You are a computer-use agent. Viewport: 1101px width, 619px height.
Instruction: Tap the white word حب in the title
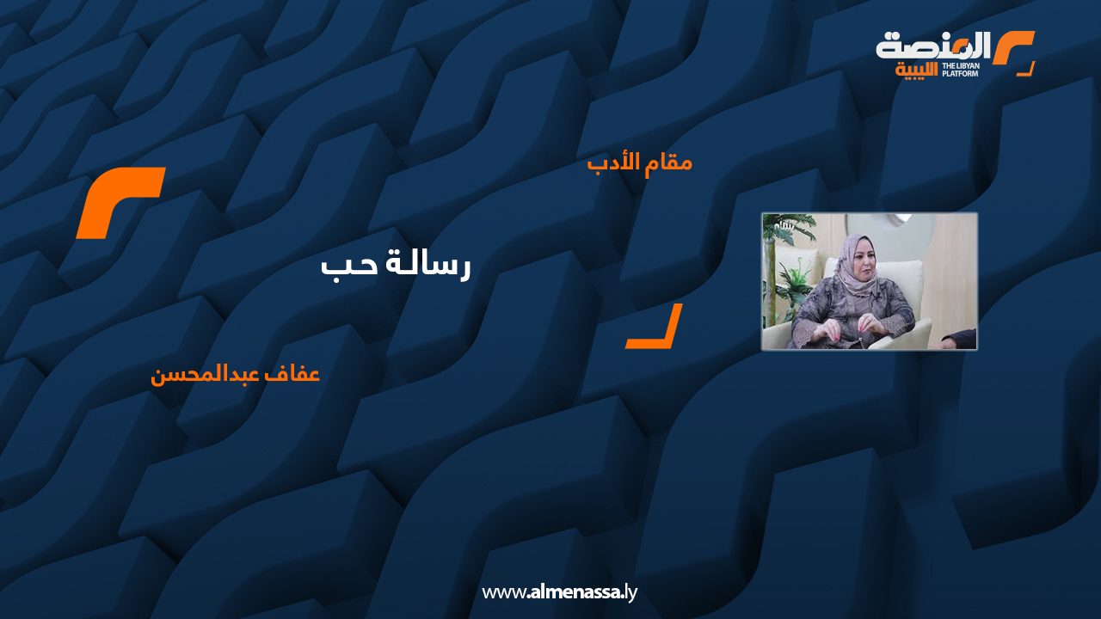(343, 267)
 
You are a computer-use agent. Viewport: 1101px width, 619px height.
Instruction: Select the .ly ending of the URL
(630, 593)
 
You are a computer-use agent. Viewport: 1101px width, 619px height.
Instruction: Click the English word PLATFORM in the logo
(960, 74)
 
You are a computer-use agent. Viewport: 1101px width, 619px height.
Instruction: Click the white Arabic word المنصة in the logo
(932, 46)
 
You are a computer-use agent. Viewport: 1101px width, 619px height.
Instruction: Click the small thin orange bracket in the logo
(1026, 70)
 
